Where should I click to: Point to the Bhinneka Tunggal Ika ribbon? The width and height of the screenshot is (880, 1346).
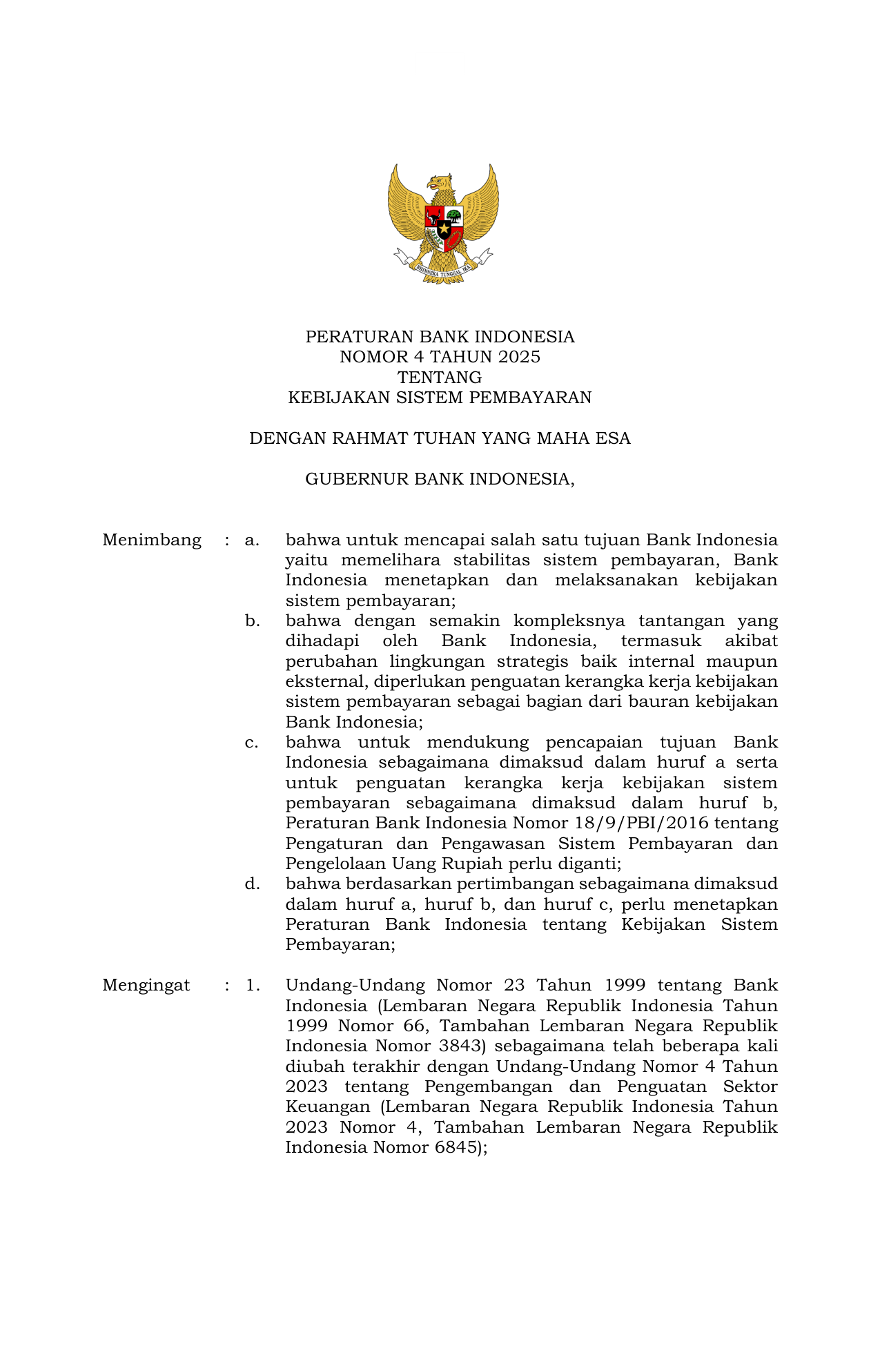[x=443, y=269]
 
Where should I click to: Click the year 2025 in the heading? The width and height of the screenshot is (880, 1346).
[x=519, y=357]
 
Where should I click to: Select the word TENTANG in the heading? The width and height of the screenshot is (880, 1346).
[x=440, y=378]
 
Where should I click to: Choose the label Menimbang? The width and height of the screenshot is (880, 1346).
[x=152, y=540]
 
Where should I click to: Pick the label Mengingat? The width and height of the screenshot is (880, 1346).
[x=146, y=985]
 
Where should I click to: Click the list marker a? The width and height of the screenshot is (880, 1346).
[x=252, y=540]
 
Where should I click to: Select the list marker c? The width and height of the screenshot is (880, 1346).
[x=252, y=743]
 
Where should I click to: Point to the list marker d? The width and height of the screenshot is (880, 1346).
[x=252, y=884]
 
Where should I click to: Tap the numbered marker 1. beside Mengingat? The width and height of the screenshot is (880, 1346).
[x=253, y=985]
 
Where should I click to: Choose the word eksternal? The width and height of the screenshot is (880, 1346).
[x=325, y=682]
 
